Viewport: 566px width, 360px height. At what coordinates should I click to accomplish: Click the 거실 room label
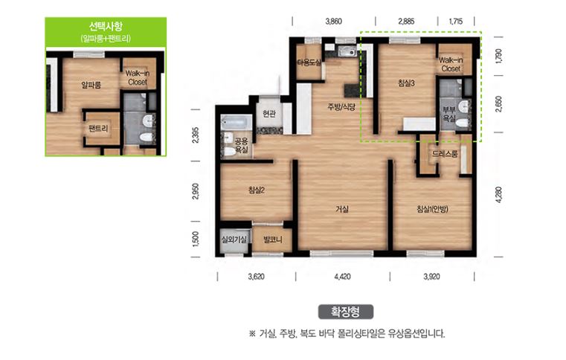342,209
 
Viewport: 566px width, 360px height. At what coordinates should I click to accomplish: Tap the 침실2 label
257,190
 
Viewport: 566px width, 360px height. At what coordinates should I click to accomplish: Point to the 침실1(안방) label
432,209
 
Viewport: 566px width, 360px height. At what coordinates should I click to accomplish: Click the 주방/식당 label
342,106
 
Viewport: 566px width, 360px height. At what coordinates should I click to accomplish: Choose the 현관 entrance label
269,114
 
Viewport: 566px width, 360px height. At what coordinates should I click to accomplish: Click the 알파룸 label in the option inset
91,85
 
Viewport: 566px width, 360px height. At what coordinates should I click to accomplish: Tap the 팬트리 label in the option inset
97,129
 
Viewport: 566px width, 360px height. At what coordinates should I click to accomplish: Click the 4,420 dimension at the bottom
343,277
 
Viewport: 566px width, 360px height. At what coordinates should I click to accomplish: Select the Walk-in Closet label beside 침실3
451,64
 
